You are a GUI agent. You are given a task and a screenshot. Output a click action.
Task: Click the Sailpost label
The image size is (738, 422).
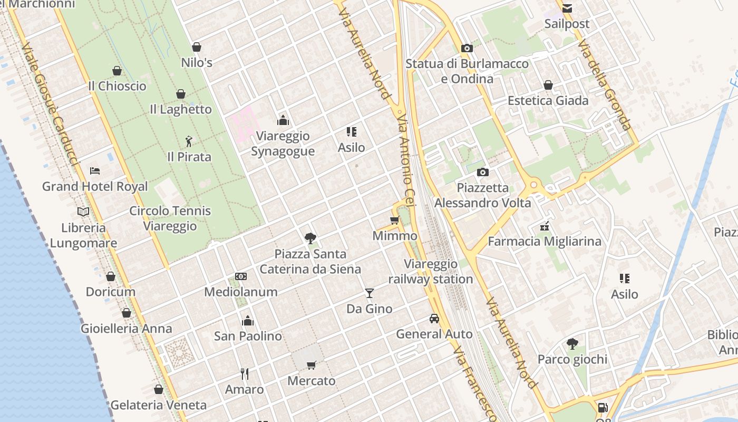pos(567,24)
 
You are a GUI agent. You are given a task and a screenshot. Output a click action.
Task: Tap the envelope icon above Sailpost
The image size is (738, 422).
pos(567,8)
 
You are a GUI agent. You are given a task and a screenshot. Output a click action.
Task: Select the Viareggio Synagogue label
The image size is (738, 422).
pos(283,143)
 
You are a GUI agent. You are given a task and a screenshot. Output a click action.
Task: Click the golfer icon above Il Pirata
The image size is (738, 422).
pos(189,141)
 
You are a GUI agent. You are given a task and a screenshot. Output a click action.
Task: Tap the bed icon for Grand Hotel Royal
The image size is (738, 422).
pos(95,170)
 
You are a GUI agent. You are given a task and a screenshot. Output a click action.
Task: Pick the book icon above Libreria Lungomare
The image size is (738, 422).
pos(83,212)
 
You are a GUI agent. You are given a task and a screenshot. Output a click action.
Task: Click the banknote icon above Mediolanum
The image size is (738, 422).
pos(241,276)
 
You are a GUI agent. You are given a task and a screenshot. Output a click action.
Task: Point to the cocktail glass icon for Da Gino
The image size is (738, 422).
pos(370,293)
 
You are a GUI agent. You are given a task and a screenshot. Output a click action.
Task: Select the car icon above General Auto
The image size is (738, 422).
pos(434,319)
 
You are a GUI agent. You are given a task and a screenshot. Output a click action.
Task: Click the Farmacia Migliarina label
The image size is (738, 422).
pos(545,241)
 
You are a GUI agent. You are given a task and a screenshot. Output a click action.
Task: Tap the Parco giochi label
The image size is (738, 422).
pos(572,359)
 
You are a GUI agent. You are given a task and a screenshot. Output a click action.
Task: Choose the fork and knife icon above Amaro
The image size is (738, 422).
pos(245,374)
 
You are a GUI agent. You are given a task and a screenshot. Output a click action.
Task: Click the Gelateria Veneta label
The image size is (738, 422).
pos(158,405)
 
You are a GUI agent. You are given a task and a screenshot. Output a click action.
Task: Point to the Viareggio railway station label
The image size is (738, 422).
pos(431,272)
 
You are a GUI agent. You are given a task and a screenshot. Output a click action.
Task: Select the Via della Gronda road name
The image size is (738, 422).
pos(604,84)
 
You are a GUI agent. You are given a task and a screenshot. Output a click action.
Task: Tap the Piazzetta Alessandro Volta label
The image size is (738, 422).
pos(482,195)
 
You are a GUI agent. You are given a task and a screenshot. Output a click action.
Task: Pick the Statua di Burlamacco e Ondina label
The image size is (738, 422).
pos(467,71)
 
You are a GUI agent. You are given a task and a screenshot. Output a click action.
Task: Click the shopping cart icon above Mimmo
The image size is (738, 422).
pos(394,220)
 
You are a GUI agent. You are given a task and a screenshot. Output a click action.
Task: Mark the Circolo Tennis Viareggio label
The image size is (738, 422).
pos(170,218)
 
